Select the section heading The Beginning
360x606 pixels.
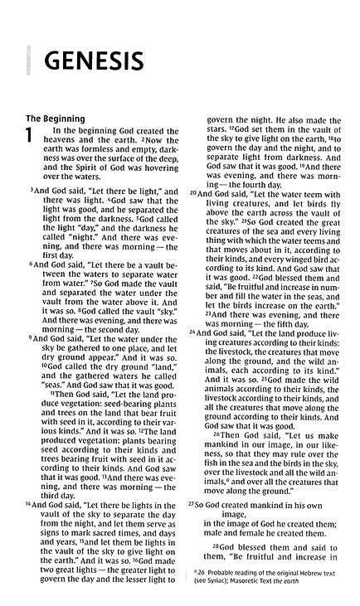coord(56,119)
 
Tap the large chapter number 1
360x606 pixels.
coord(31,138)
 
